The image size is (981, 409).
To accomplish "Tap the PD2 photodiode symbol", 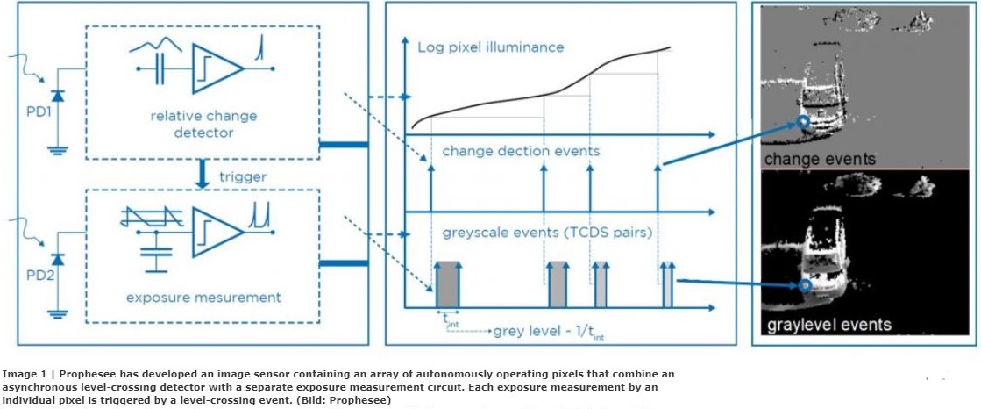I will click(58, 261).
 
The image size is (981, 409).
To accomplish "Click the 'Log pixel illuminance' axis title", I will click(490, 46).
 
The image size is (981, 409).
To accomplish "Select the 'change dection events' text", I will click(521, 151).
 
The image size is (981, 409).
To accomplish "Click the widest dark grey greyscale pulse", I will click(447, 283).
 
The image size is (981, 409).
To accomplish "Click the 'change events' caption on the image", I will click(819, 159).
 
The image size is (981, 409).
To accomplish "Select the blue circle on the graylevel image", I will click(806, 286).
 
